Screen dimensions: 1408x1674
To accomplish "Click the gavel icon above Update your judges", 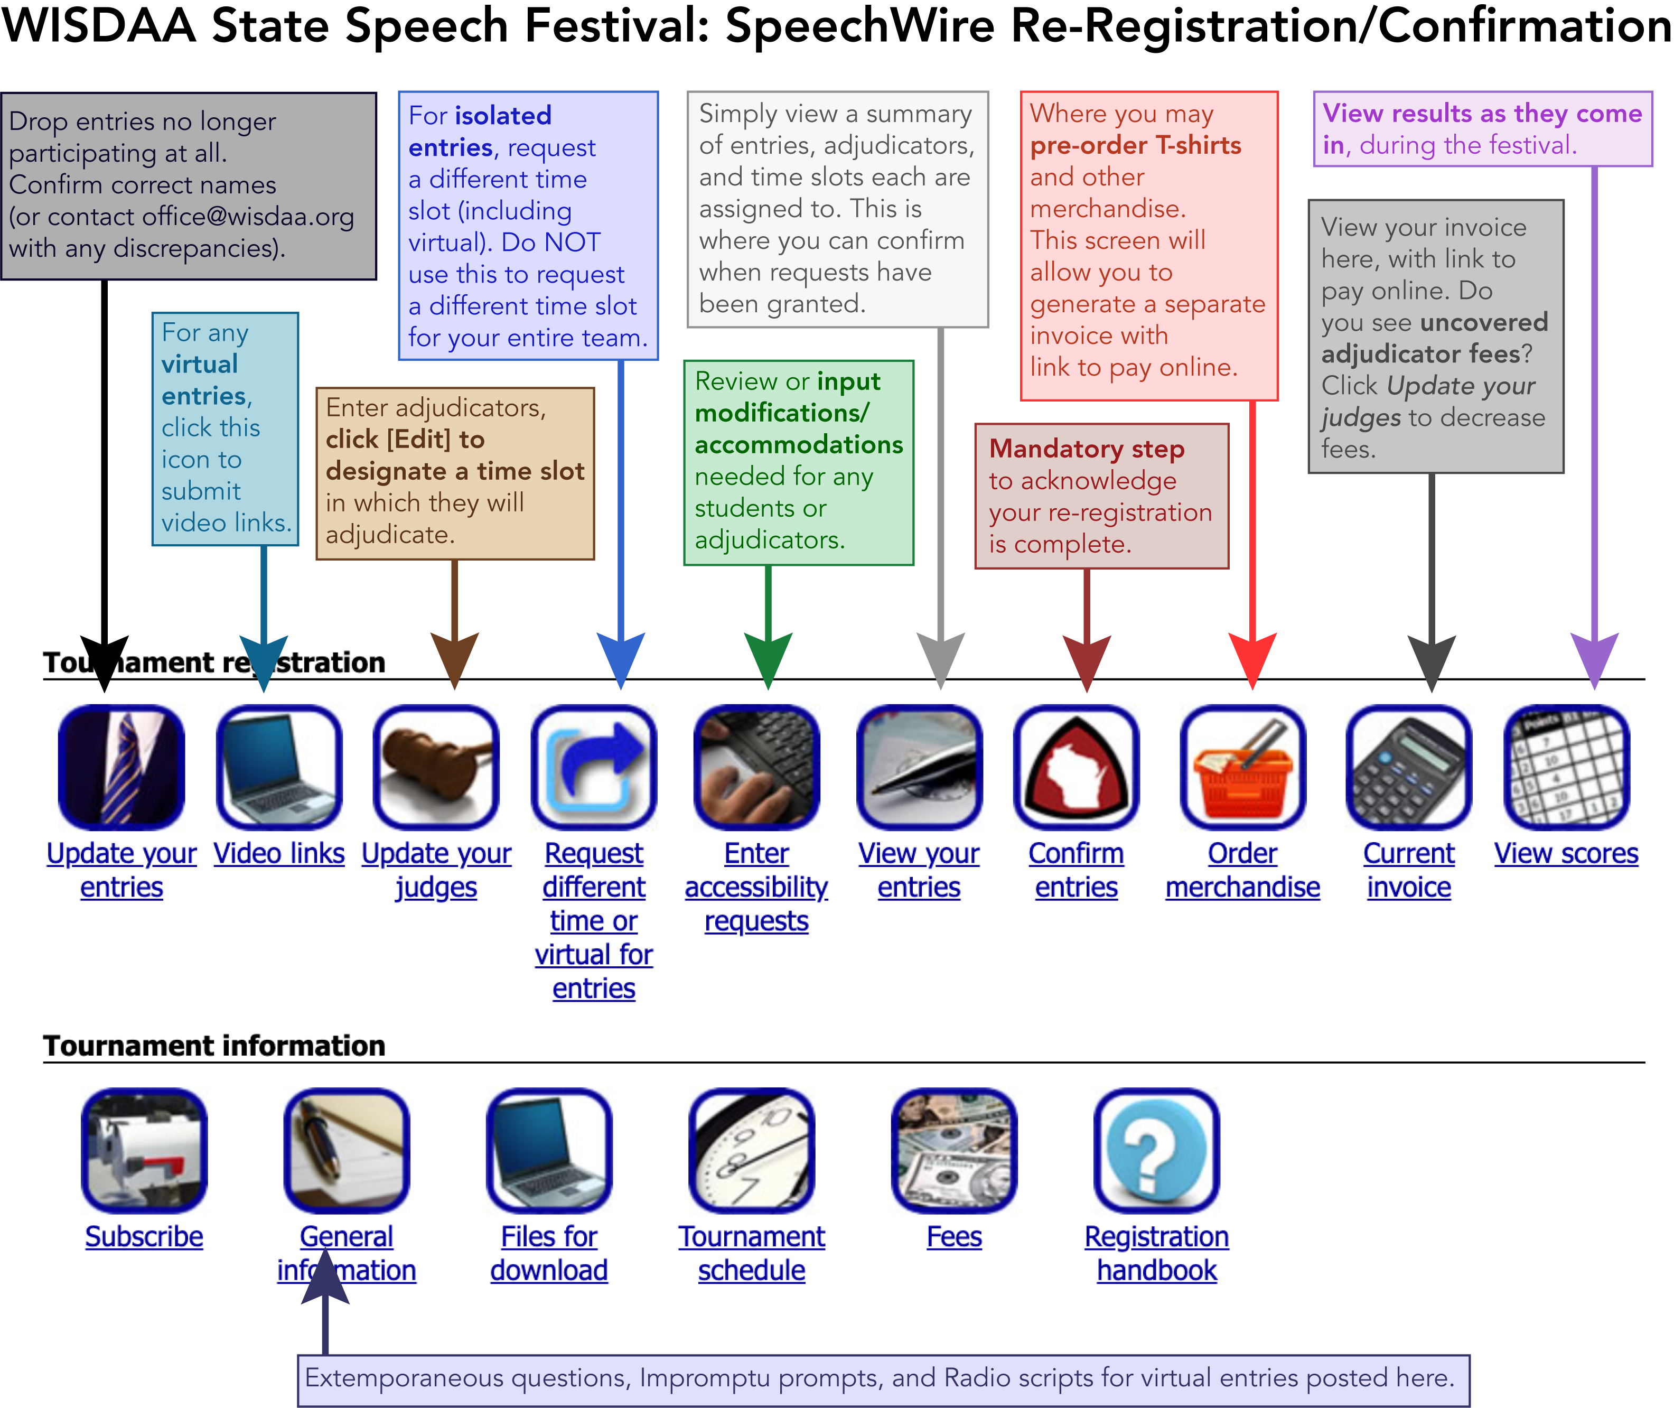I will click(x=436, y=768).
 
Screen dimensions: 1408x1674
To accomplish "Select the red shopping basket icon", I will click(x=1242, y=768).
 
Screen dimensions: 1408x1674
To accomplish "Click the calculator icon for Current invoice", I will click(x=1408, y=768).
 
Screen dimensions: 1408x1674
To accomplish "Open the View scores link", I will click(x=1566, y=854).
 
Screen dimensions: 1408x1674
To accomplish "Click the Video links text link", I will click(x=279, y=854).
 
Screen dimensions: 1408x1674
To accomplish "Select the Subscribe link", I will click(x=144, y=1237).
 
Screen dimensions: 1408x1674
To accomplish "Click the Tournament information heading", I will click(x=214, y=1046).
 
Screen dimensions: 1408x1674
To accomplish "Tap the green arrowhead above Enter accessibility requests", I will click(x=768, y=658).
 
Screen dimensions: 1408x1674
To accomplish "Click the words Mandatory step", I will click(x=1087, y=450).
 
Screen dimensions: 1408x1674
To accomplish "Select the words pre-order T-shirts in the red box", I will click(x=1135, y=145).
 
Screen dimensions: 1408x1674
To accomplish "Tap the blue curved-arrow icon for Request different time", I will click(x=594, y=768).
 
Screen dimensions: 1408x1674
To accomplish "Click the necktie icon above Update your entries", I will click(x=121, y=768).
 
